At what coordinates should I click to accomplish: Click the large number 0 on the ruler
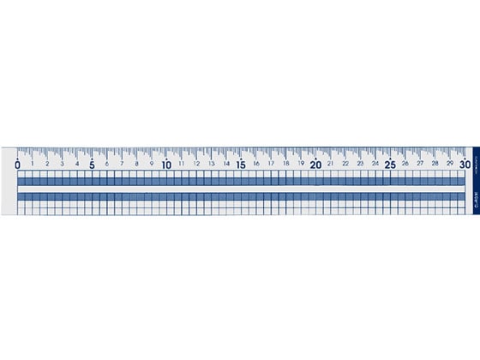click(x=18, y=164)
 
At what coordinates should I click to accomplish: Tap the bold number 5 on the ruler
click(x=93, y=164)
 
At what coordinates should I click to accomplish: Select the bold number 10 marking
click(x=167, y=164)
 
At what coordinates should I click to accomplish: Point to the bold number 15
click(x=242, y=164)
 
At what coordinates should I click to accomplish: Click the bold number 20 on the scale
click(x=316, y=164)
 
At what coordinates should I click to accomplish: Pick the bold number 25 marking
click(x=391, y=164)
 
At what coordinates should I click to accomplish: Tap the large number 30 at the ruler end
click(x=464, y=164)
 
